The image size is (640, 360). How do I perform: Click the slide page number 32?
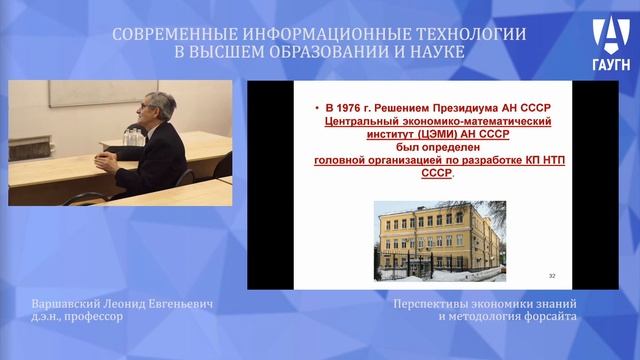pos(553,274)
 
